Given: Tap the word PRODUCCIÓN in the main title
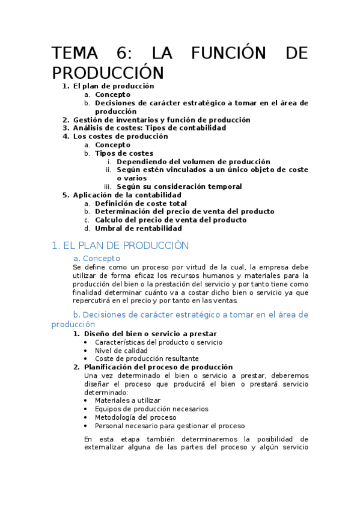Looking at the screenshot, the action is (x=108, y=73).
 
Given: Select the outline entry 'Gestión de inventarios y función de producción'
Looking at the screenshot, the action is (x=161, y=120).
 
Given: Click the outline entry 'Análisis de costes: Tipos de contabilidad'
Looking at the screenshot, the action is (x=149, y=128).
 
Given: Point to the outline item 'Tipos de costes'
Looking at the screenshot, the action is (x=124, y=153).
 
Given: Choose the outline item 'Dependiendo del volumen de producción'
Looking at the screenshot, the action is (x=193, y=162).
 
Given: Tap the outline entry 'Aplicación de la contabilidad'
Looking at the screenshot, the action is (x=127, y=195).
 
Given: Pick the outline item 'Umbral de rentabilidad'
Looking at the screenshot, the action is (x=138, y=229).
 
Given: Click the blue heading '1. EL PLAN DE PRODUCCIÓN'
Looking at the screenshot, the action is (x=120, y=245).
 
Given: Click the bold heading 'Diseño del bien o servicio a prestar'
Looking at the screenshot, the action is (x=150, y=334).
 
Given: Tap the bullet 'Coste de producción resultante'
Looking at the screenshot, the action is (x=146, y=359).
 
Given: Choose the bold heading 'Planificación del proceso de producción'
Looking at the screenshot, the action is (x=158, y=367).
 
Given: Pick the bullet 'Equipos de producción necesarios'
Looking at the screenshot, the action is (x=151, y=409).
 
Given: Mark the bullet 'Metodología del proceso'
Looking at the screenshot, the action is (x=135, y=417).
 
